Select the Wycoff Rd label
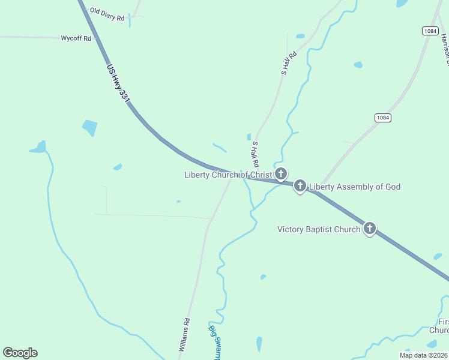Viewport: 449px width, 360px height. click(x=76, y=38)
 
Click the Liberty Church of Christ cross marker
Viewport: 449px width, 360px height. click(x=280, y=174)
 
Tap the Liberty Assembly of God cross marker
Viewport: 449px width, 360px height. click(x=300, y=186)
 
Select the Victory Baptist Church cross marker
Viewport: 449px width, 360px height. click(x=370, y=228)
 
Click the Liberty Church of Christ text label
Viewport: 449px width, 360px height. click(x=228, y=175)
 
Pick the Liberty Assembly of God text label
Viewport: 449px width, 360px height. click(x=354, y=187)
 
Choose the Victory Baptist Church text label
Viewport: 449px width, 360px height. click(x=319, y=229)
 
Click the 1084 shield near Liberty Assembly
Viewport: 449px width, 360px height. click(x=383, y=118)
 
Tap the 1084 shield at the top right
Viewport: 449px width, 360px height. click(x=429, y=31)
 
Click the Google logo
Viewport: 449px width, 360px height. click(x=20, y=353)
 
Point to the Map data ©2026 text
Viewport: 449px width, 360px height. click(x=423, y=355)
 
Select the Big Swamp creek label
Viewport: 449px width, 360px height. click(x=214, y=341)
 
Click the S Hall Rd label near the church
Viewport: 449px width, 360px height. click(x=255, y=154)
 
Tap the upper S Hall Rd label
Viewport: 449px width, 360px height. click(x=289, y=62)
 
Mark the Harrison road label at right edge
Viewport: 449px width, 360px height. click(x=445, y=48)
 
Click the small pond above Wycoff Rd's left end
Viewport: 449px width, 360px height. click(x=38, y=147)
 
